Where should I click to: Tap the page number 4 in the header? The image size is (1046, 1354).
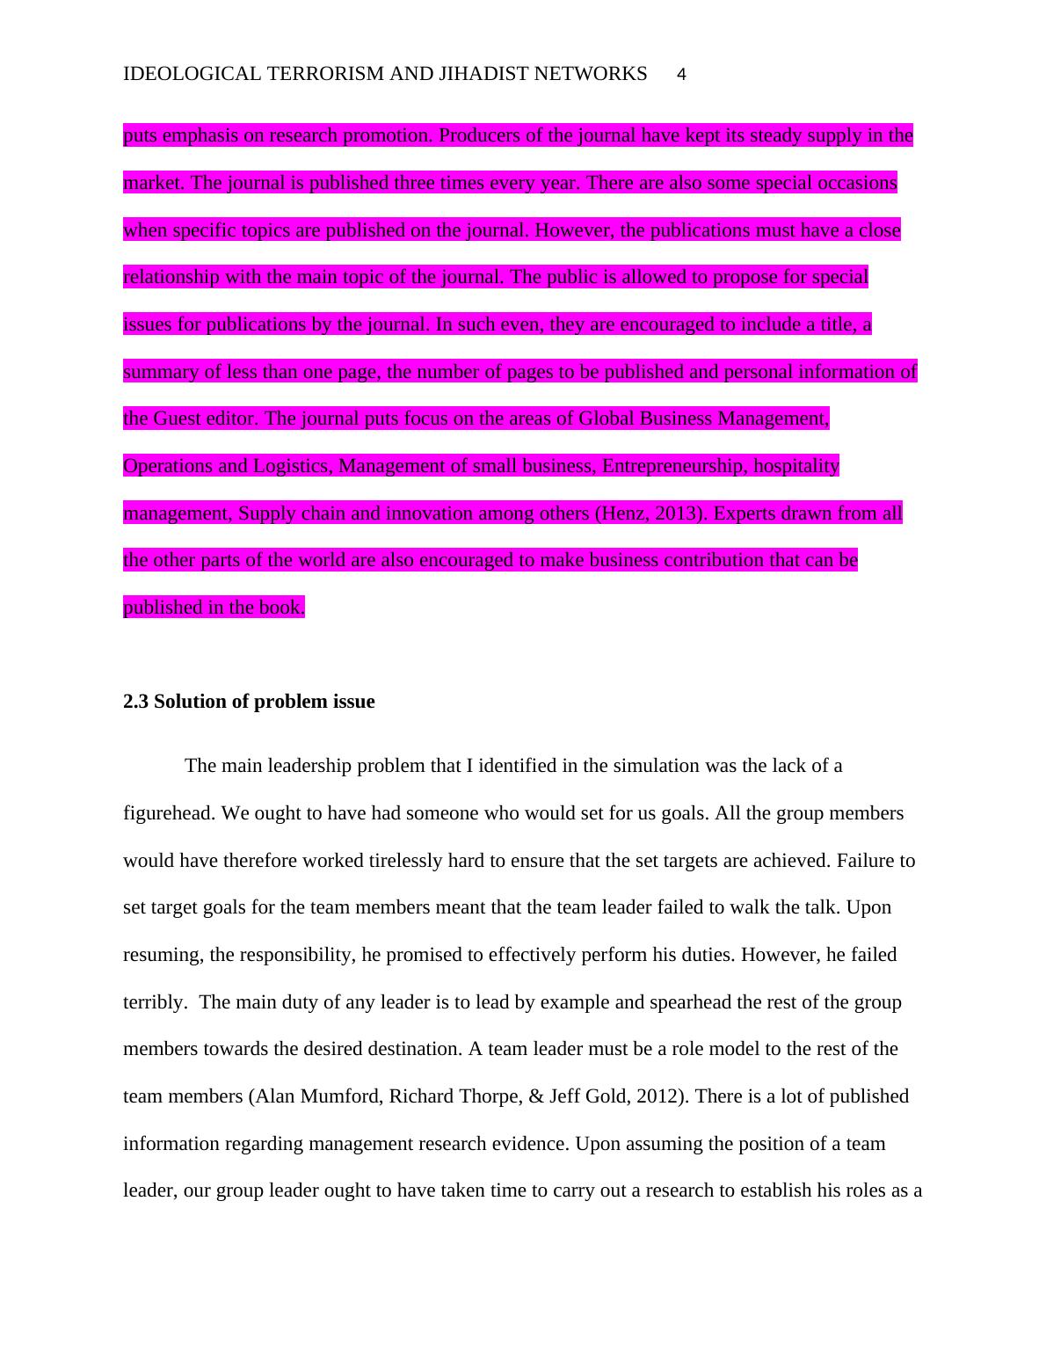682,75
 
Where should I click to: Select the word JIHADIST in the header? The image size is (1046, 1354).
480,74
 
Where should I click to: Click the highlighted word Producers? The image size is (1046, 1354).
477,135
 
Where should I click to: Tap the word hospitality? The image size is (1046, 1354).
796,466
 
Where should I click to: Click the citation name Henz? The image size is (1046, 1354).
623,513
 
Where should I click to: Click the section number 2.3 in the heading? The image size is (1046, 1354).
136,702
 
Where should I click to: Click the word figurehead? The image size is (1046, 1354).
168,813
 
